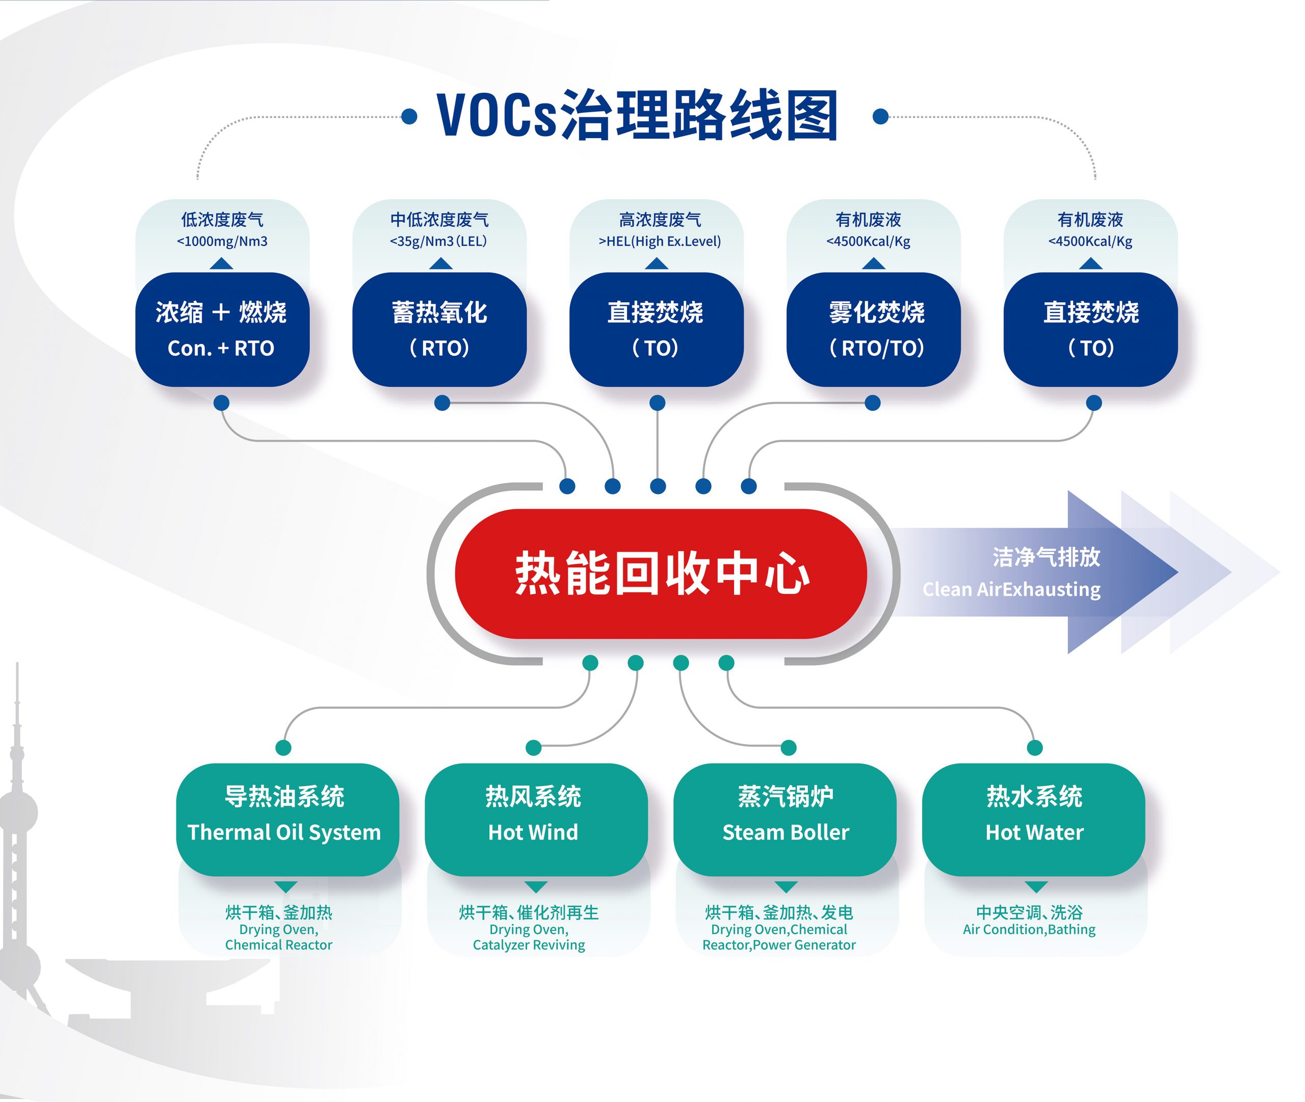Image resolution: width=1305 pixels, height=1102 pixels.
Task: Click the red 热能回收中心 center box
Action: tap(660, 573)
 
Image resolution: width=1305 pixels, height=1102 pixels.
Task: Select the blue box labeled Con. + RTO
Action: tap(222, 329)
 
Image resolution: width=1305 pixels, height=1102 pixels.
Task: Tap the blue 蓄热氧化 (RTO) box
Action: tap(439, 329)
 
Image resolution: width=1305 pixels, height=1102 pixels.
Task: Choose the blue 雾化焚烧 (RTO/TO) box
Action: tap(873, 329)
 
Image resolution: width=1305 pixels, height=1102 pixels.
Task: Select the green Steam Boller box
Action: tap(785, 819)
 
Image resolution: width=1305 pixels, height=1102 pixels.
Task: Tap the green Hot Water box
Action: tap(1033, 819)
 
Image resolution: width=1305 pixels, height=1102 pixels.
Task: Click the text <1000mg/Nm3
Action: tap(222, 241)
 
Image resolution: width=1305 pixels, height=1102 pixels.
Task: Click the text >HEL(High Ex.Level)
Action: tap(660, 241)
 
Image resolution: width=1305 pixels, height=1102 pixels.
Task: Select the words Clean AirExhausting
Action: tap(1011, 589)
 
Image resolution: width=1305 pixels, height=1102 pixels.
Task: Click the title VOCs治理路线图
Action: tap(638, 116)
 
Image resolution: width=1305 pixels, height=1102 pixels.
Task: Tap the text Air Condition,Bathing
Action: tap(1029, 929)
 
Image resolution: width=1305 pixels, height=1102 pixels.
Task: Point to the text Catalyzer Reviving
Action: tap(529, 944)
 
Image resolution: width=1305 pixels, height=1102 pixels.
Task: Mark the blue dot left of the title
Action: tap(409, 116)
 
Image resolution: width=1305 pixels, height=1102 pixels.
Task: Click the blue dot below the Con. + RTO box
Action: tap(221, 403)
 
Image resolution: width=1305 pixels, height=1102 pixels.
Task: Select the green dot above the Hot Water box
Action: tap(1034, 747)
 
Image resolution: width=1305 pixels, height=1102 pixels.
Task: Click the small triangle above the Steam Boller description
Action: tap(786, 887)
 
